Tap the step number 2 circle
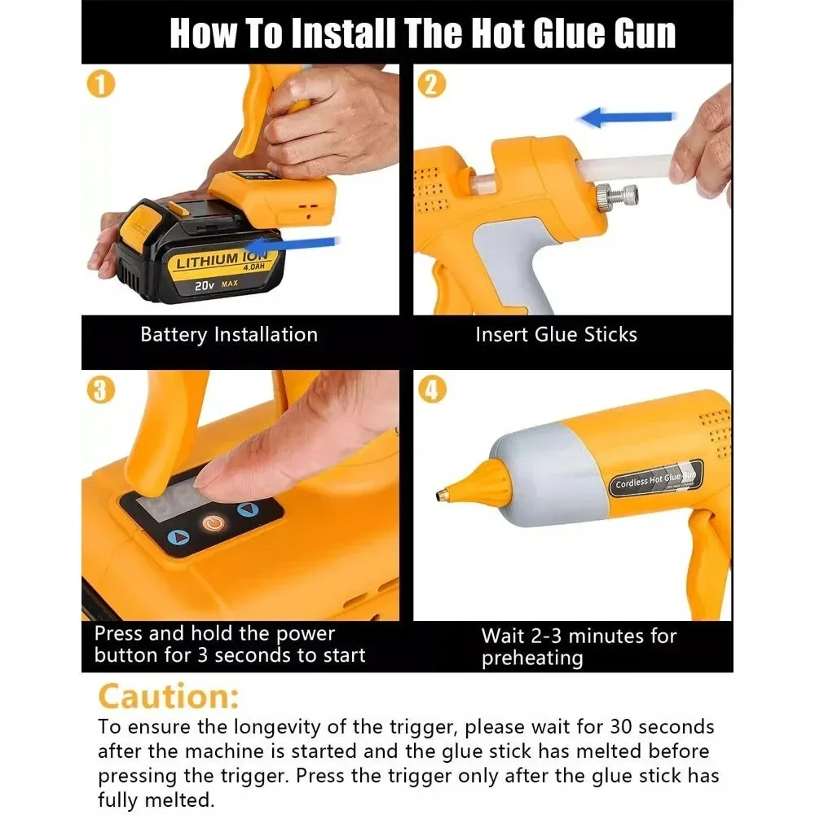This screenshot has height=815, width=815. [432, 85]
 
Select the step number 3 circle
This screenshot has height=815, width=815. [102, 390]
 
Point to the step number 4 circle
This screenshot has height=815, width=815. [432, 390]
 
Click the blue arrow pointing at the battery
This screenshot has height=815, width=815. [293, 243]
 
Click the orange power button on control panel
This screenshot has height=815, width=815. [213, 522]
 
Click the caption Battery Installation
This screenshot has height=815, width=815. [229, 334]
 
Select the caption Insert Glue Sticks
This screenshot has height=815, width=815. [556, 334]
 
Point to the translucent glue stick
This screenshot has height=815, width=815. [628, 170]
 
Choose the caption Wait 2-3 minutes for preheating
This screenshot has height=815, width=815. [579, 646]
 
